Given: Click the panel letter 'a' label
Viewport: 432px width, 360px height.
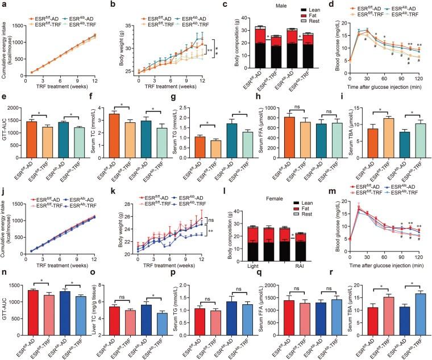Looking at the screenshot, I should click(3, 5).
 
